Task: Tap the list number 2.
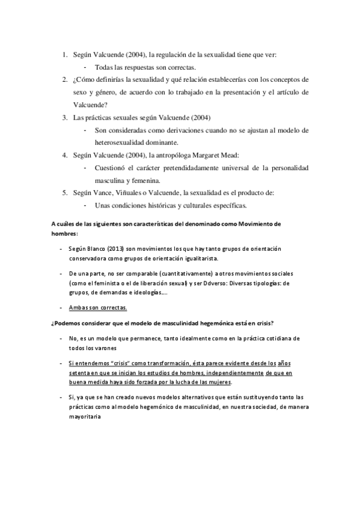64,79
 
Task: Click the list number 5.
64,192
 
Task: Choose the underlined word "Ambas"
78,307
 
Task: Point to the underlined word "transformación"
162,363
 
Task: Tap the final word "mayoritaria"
87,414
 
